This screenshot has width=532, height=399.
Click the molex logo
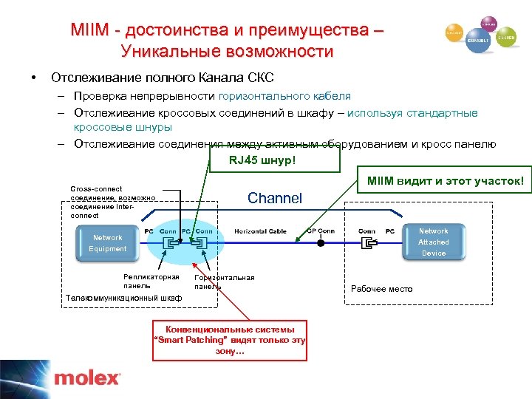[86, 378]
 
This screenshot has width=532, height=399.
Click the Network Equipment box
[108, 243]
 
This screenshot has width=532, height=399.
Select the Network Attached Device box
[433, 242]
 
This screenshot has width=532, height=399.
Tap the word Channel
[275, 198]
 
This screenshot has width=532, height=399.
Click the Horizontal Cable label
[260, 231]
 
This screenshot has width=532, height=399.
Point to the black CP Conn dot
[320, 242]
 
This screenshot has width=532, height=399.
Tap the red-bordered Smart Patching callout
[229, 340]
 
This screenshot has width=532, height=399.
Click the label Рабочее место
[381, 289]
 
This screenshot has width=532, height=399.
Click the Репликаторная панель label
[151, 281]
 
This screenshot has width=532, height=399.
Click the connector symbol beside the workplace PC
[366, 242]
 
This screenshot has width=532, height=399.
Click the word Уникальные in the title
[168, 52]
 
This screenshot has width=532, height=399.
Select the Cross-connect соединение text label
[111, 202]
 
